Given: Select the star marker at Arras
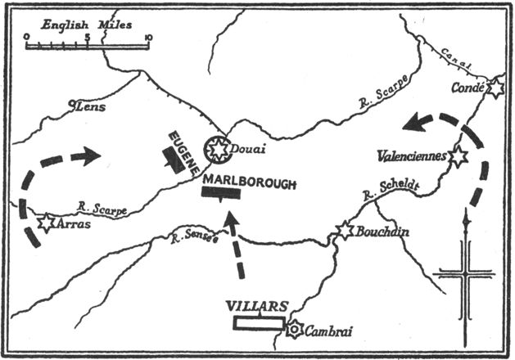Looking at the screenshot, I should tap(46, 221).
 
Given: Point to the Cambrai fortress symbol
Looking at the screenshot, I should tap(295, 330).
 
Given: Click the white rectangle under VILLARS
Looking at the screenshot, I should tap(260, 322).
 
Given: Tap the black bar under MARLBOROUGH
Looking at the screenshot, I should tap(220, 193).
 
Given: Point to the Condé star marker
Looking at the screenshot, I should tap(494, 88).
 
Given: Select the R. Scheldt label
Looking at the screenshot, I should tap(391, 191).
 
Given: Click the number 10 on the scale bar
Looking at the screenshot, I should tap(147, 37).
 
